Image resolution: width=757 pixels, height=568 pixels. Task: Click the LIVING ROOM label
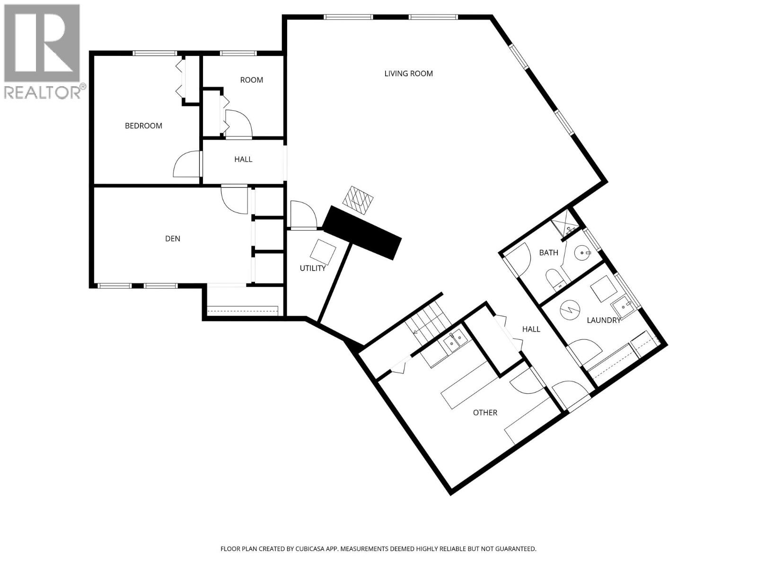(x=408, y=73)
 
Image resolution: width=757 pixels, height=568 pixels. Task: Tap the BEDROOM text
(x=143, y=125)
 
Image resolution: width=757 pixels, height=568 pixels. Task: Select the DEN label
(x=173, y=239)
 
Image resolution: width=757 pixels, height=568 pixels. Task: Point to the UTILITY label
(x=313, y=268)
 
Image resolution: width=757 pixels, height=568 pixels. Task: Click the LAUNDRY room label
(x=604, y=320)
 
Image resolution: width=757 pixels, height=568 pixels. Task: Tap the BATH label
(x=549, y=253)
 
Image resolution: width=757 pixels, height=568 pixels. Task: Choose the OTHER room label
(x=485, y=413)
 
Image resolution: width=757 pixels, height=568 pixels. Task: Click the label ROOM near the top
(x=251, y=80)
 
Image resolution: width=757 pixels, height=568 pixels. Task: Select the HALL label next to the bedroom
(x=243, y=160)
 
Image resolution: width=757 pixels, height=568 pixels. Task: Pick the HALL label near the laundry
(x=531, y=329)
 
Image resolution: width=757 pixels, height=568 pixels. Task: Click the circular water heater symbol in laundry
(x=569, y=310)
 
